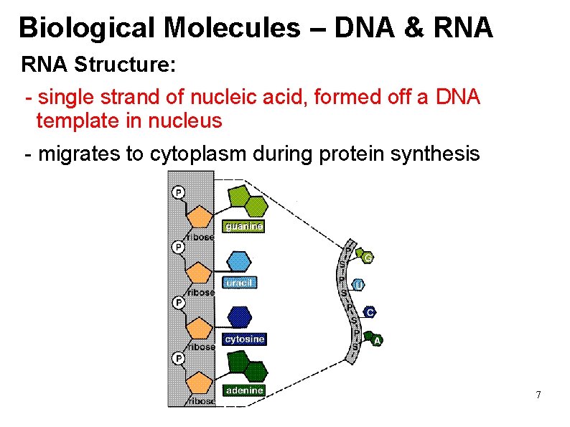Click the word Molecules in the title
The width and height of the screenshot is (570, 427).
[230, 28]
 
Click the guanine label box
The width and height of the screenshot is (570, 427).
[244, 226]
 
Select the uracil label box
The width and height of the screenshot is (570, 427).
[240, 283]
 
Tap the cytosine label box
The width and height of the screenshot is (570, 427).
[245, 339]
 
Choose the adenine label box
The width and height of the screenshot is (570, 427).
[244, 390]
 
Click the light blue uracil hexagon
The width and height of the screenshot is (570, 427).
[239, 261]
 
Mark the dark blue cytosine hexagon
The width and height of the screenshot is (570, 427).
[239, 316]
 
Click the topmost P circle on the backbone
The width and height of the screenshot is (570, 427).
[177, 192]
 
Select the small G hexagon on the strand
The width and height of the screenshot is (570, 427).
[367, 257]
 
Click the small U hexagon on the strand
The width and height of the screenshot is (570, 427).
[358, 285]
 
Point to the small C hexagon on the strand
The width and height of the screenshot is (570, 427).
[369, 312]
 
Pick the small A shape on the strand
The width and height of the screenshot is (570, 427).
[374, 339]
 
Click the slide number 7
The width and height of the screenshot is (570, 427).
[538, 395]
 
